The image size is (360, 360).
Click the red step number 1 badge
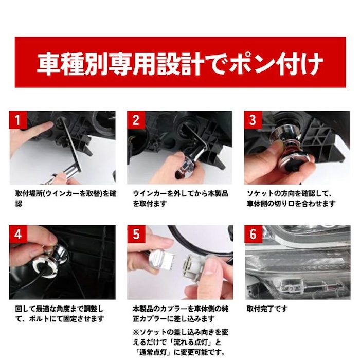[x=17, y=120]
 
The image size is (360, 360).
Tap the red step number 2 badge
[x=136, y=120]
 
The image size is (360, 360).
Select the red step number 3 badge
[x=253, y=120]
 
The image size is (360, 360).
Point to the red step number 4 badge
[x=17, y=234]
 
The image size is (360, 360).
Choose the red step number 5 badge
[x=136, y=234]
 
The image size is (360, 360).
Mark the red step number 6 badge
[x=253, y=234]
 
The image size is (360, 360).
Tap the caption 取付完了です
[x=267, y=309]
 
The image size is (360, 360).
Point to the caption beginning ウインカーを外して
[x=180, y=199]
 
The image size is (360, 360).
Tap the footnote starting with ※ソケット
[x=180, y=342]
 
